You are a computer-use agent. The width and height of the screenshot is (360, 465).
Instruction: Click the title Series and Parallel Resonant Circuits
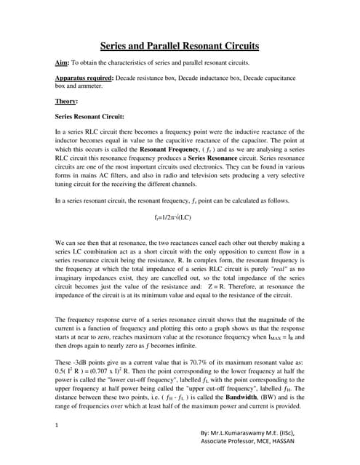coord(179,45)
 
